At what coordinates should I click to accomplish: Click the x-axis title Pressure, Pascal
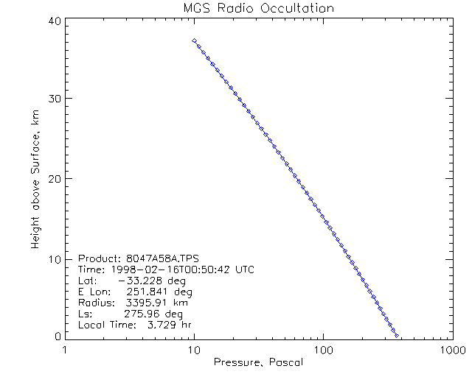click(x=258, y=362)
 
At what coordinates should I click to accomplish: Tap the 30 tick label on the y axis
click(x=53, y=99)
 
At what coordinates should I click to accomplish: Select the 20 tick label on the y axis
click(x=53, y=178)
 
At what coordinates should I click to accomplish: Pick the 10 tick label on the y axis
click(x=53, y=258)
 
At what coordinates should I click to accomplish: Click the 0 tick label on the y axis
click(x=56, y=337)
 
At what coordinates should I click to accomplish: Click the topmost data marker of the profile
click(x=194, y=40)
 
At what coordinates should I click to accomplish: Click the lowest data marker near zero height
click(x=398, y=336)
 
